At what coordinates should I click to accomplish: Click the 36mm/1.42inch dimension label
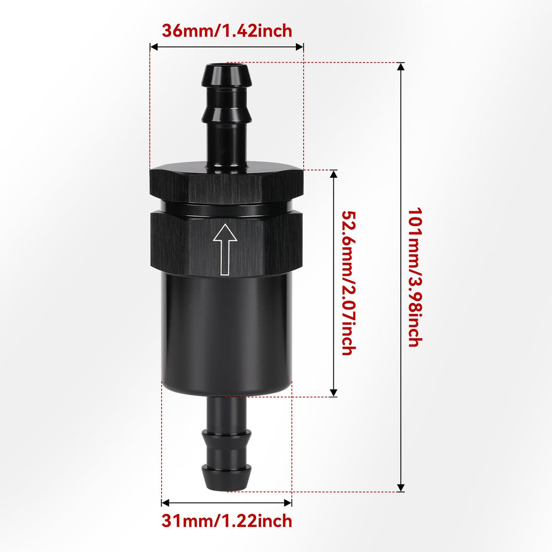[227, 31]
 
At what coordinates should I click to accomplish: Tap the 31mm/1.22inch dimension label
[227, 521]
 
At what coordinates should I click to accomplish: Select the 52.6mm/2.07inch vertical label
[349, 283]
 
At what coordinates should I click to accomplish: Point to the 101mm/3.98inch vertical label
[415, 278]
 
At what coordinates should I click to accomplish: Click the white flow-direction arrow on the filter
[225, 250]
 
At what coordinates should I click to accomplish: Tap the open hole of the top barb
[227, 65]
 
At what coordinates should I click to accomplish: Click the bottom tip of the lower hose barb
[226, 489]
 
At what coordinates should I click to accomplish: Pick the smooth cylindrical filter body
[227, 335]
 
